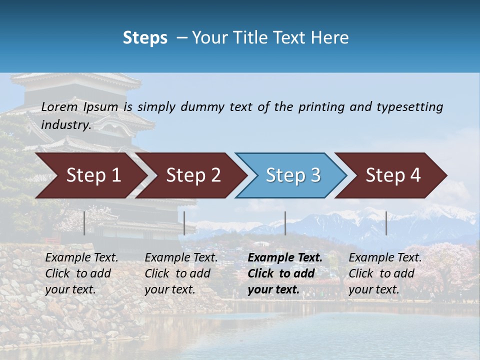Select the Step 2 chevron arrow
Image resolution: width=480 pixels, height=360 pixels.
click(193, 175)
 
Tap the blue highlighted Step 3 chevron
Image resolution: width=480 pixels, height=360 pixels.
click(293, 175)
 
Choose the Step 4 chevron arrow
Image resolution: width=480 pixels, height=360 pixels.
click(393, 175)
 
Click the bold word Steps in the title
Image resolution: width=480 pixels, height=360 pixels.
click(145, 38)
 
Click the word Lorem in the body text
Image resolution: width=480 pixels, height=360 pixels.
click(59, 107)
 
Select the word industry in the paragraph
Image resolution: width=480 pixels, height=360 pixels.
click(65, 125)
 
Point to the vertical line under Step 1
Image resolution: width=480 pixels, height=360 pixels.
click(84, 223)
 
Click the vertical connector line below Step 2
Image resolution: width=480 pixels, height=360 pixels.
click(184, 223)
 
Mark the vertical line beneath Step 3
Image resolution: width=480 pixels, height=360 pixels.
click(285, 223)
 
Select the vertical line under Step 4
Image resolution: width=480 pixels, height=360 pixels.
click(386, 223)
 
